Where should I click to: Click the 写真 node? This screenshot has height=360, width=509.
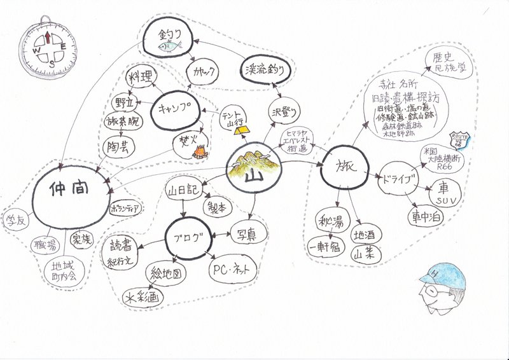point(242,234)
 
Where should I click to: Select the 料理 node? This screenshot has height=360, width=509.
point(139,78)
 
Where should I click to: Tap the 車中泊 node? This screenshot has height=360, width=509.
point(426,216)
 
